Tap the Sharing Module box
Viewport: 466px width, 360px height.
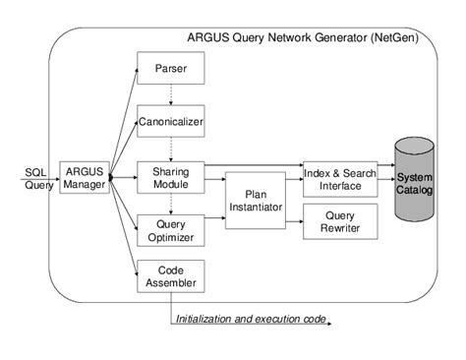pyautogui.click(x=171, y=177)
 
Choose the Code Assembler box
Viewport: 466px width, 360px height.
pyautogui.click(x=171, y=276)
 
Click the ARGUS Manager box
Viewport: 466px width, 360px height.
pyautogui.click(x=84, y=177)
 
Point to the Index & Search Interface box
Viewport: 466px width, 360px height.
pyautogui.click(x=340, y=177)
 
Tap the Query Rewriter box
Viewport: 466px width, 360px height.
pyautogui.click(x=340, y=222)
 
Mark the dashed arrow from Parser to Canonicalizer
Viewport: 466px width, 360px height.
pyautogui.click(x=171, y=94)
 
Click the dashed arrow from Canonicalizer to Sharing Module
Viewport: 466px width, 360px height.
pyautogui.click(x=171, y=150)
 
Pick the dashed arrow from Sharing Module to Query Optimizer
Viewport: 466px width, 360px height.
pyautogui.click(x=171, y=203)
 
